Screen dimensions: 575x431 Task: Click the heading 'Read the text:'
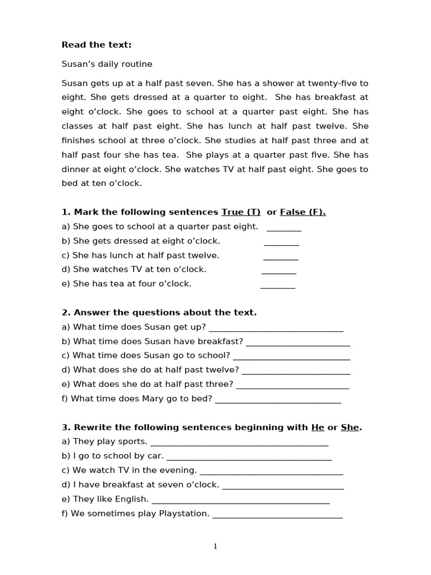coord(97,45)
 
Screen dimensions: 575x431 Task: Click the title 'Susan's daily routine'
coord(107,64)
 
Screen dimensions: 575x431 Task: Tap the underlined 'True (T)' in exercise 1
coord(241,212)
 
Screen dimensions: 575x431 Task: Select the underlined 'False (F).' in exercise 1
coord(302,212)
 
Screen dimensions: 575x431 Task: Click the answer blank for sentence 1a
coord(284,228)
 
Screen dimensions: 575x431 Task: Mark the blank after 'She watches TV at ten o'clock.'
coord(279,271)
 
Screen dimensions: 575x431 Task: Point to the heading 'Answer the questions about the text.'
coord(159,312)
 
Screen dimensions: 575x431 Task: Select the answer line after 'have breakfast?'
coord(298,343)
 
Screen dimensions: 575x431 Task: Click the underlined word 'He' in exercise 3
coord(318,427)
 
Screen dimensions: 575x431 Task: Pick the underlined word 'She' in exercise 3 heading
coord(350,427)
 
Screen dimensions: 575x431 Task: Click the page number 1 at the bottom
coord(215,546)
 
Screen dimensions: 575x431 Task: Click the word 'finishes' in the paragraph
coord(78,140)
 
